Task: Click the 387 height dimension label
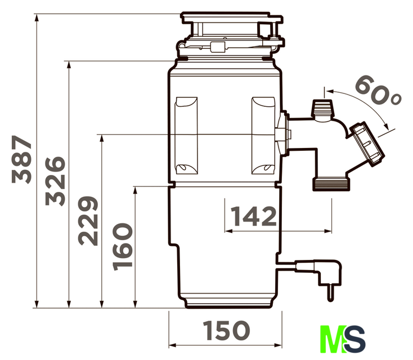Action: pyautogui.click(x=21, y=159)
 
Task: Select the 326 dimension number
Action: pyautogui.click(x=55, y=181)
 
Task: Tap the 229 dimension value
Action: pyautogui.click(x=88, y=221)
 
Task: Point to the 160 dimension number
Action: pyautogui.click(x=122, y=247)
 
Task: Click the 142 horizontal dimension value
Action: pyautogui.click(x=254, y=216)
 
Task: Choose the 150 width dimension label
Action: pyautogui.click(x=226, y=330)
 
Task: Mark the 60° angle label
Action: pyautogui.click(x=378, y=91)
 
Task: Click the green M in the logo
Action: pyautogui.click(x=333, y=339)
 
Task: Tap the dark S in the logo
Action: pyautogui.click(x=355, y=339)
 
